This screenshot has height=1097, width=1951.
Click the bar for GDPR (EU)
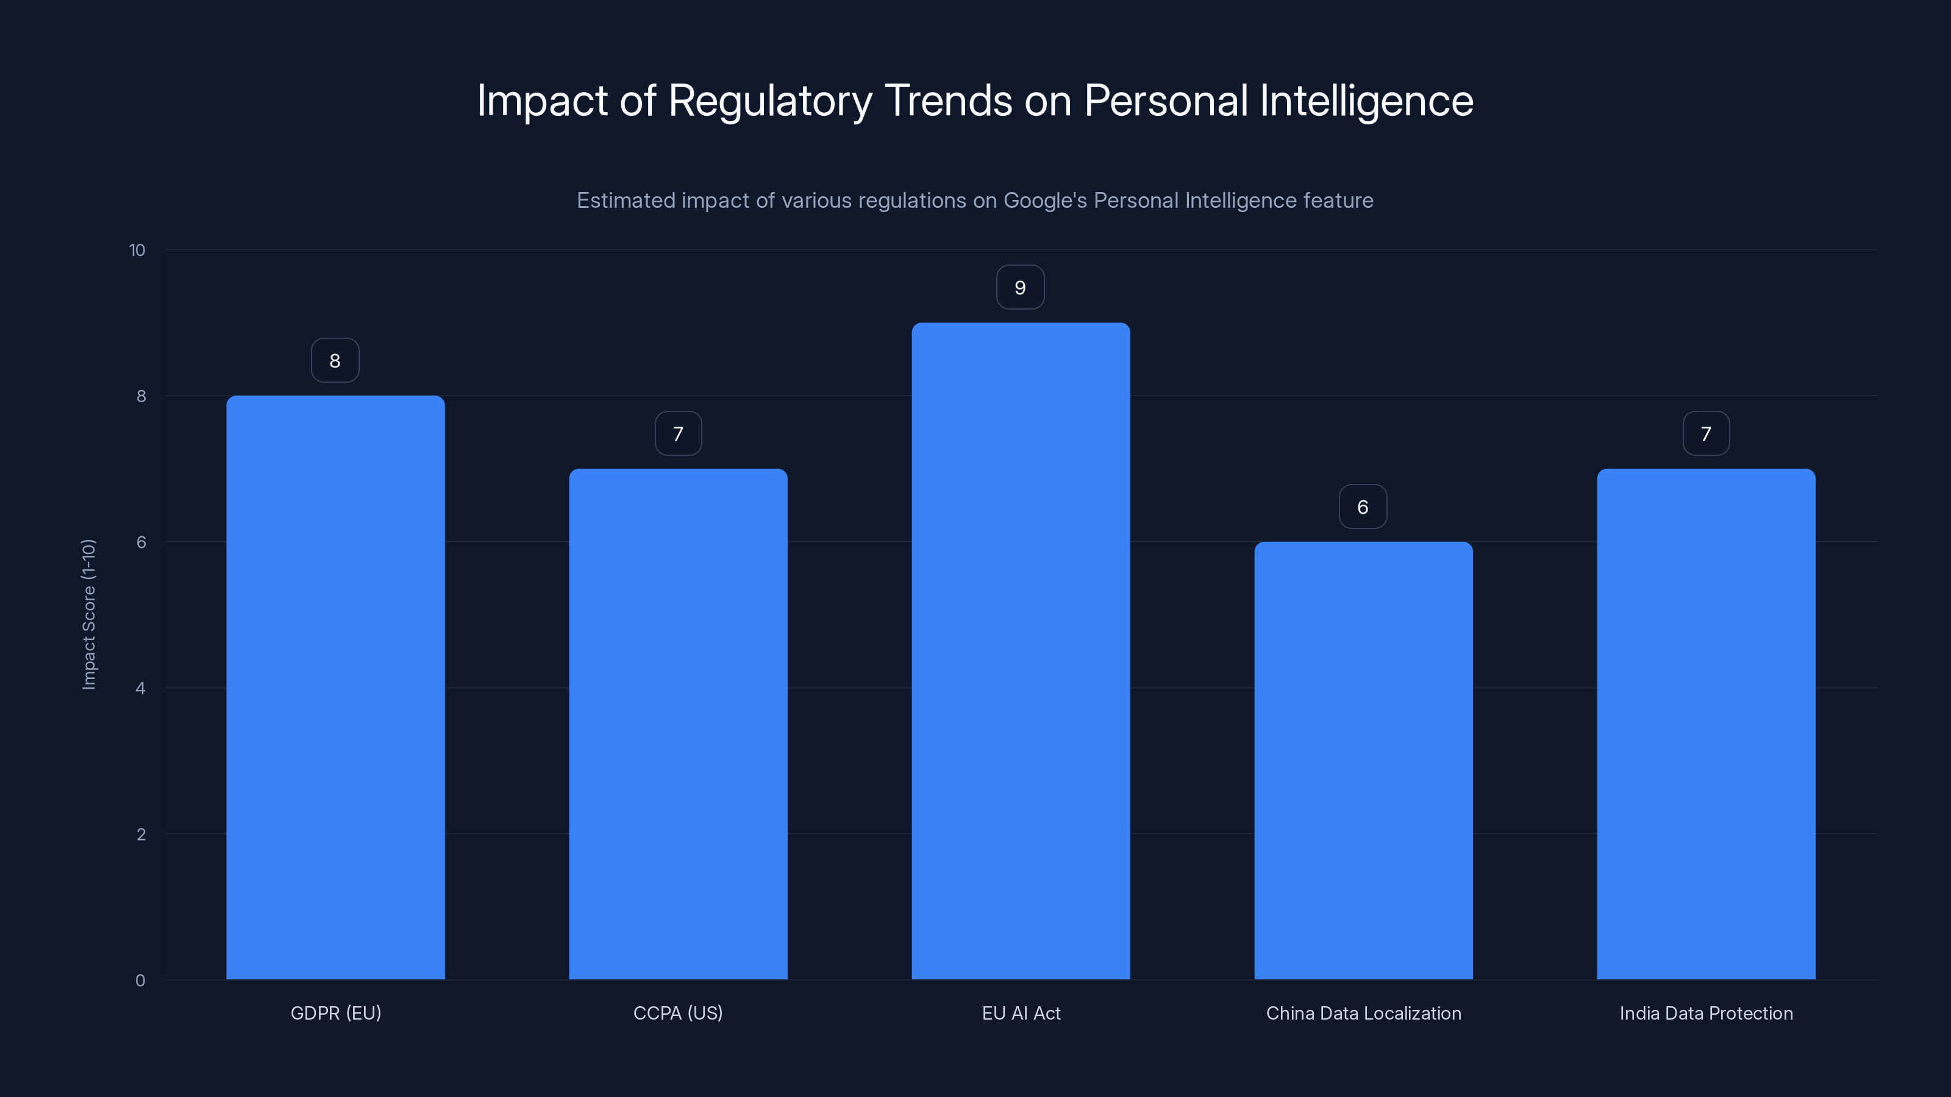tap(335, 687)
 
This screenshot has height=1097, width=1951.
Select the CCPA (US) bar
tap(678, 724)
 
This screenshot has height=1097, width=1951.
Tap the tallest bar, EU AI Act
tap(1020, 650)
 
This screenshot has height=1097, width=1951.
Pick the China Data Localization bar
tap(1363, 760)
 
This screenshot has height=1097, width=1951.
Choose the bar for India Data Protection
tap(1706, 724)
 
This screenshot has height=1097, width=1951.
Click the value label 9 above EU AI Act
tap(1020, 288)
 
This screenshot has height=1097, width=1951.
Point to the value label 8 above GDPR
tap(335, 360)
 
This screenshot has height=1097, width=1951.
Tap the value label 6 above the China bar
tap(1363, 506)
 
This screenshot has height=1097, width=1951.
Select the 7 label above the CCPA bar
tap(678, 434)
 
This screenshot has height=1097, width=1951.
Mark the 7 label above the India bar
tap(1706, 434)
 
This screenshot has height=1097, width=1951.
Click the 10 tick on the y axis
tap(137, 250)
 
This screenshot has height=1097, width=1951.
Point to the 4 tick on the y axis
tap(140, 688)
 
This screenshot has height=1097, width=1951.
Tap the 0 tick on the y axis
tap(140, 981)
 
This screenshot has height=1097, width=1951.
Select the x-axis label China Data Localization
tap(1363, 1013)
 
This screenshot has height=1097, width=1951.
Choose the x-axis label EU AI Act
tap(1021, 1013)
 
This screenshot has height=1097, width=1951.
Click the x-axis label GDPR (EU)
tap(335, 1013)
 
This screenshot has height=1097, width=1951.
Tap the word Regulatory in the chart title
tap(769, 101)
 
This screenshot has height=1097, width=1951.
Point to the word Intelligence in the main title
tap(1366, 101)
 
